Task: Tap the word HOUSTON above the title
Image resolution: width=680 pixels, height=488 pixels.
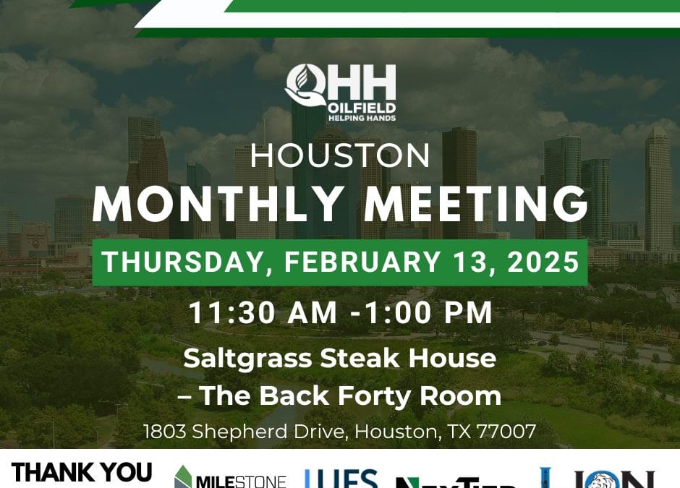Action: [x=340, y=155]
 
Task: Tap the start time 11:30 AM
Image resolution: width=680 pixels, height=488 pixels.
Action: [x=263, y=312]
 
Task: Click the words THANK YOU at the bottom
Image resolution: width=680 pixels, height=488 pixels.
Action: [x=82, y=473]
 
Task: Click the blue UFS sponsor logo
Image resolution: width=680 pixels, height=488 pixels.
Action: [x=341, y=479]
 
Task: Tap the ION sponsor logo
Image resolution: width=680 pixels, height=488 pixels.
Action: [x=598, y=479]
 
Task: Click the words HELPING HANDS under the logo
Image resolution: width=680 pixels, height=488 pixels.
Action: [x=362, y=118]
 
